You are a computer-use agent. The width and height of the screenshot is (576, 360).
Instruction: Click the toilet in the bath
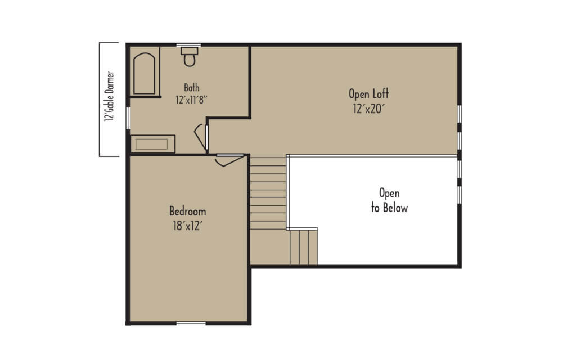coord(189,57)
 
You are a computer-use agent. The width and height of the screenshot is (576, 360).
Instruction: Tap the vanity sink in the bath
coord(152,144)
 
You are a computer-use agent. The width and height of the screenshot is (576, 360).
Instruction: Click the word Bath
coord(192,88)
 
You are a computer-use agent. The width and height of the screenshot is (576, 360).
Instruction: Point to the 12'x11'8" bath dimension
coord(191,100)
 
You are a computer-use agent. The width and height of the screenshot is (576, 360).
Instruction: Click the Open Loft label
coord(369,94)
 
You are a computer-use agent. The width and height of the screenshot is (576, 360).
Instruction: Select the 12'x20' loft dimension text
coord(369,109)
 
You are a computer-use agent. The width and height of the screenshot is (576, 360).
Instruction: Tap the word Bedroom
coord(188,211)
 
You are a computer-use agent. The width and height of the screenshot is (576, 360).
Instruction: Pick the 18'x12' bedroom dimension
coord(188,226)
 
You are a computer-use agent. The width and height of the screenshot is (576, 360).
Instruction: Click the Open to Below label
coord(389,201)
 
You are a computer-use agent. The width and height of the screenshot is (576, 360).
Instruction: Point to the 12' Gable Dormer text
coord(110,96)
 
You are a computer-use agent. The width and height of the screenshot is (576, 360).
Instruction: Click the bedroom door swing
coord(229,160)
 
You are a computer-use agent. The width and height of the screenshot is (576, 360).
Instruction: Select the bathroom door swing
coord(201,137)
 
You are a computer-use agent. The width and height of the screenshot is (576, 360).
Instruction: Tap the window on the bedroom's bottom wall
coord(191,323)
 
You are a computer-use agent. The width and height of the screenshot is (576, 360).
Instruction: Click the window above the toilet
coord(188,45)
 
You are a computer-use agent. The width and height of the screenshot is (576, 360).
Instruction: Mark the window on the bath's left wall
coord(128,118)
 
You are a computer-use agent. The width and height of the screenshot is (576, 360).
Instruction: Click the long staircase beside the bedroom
coord(268,193)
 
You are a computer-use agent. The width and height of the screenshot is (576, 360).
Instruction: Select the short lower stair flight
coord(303,247)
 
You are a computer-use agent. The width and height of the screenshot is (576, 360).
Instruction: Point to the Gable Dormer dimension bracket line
coord(100,99)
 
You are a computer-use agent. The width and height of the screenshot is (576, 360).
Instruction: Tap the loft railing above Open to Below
coord(372,156)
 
